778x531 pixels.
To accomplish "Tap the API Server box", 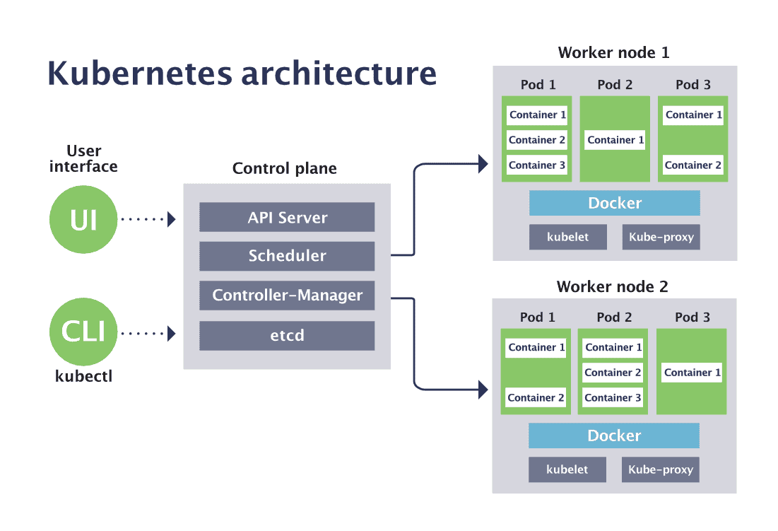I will click(287, 218).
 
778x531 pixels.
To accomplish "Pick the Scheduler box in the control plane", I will click(287, 256).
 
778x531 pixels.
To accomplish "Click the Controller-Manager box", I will click(287, 296).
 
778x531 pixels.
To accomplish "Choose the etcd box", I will click(287, 335).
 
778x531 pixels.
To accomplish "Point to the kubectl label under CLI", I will click(83, 376).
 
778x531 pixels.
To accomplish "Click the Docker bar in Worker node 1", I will click(614, 204).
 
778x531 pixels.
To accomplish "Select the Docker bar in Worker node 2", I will click(613, 436).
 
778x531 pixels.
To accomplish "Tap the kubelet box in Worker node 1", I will click(567, 238).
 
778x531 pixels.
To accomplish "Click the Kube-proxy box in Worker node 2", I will click(660, 469).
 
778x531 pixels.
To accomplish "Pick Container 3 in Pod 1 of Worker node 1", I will click(537, 165).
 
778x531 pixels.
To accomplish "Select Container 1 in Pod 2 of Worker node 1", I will click(615, 140).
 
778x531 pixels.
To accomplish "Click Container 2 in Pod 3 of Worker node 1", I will click(693, 165).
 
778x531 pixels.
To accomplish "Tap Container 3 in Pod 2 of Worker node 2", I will click(613, 398).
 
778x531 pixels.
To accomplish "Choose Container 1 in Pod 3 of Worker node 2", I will click(692, 373).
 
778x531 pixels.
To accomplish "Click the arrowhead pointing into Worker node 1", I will click(483, 164).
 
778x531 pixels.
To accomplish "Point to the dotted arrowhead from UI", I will click(171, 219).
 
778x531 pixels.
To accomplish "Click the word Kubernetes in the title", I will click(142, 74).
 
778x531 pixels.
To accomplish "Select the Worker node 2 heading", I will click(612, 286).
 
